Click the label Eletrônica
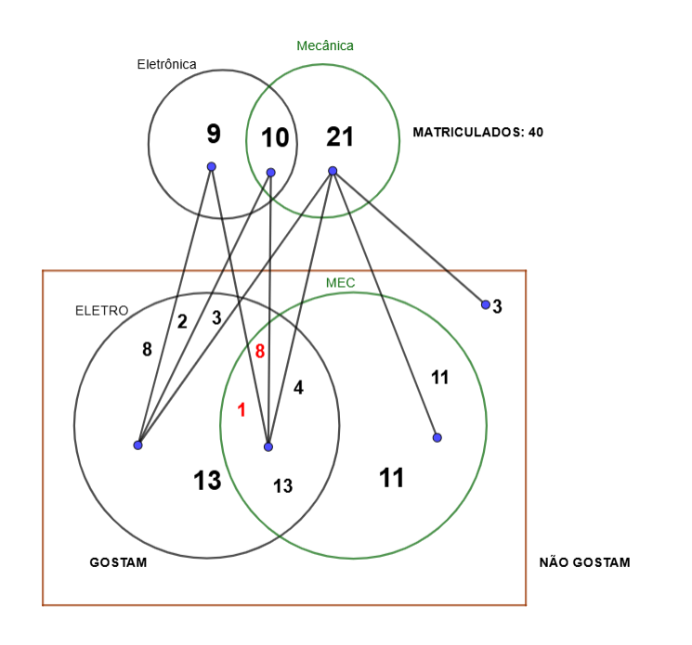point(166,64)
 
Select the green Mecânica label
point(324,45)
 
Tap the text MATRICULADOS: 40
point(477,132)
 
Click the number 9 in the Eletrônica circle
point(214,135)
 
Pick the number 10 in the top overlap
point(274,138)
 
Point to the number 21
point(340,137)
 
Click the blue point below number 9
point(212,167)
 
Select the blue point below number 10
point(270,172)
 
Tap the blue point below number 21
point(333,171)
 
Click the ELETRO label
point(101,311)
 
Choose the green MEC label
point(341,282)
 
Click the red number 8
point(260,351)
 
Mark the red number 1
point(242,409)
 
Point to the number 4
point(298,388)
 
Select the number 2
point(182,322)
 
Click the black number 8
point(147,350)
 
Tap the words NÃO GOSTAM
point(584,562)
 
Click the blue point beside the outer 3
point(485,304)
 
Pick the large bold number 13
point(207,481)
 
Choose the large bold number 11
point(392,478)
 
